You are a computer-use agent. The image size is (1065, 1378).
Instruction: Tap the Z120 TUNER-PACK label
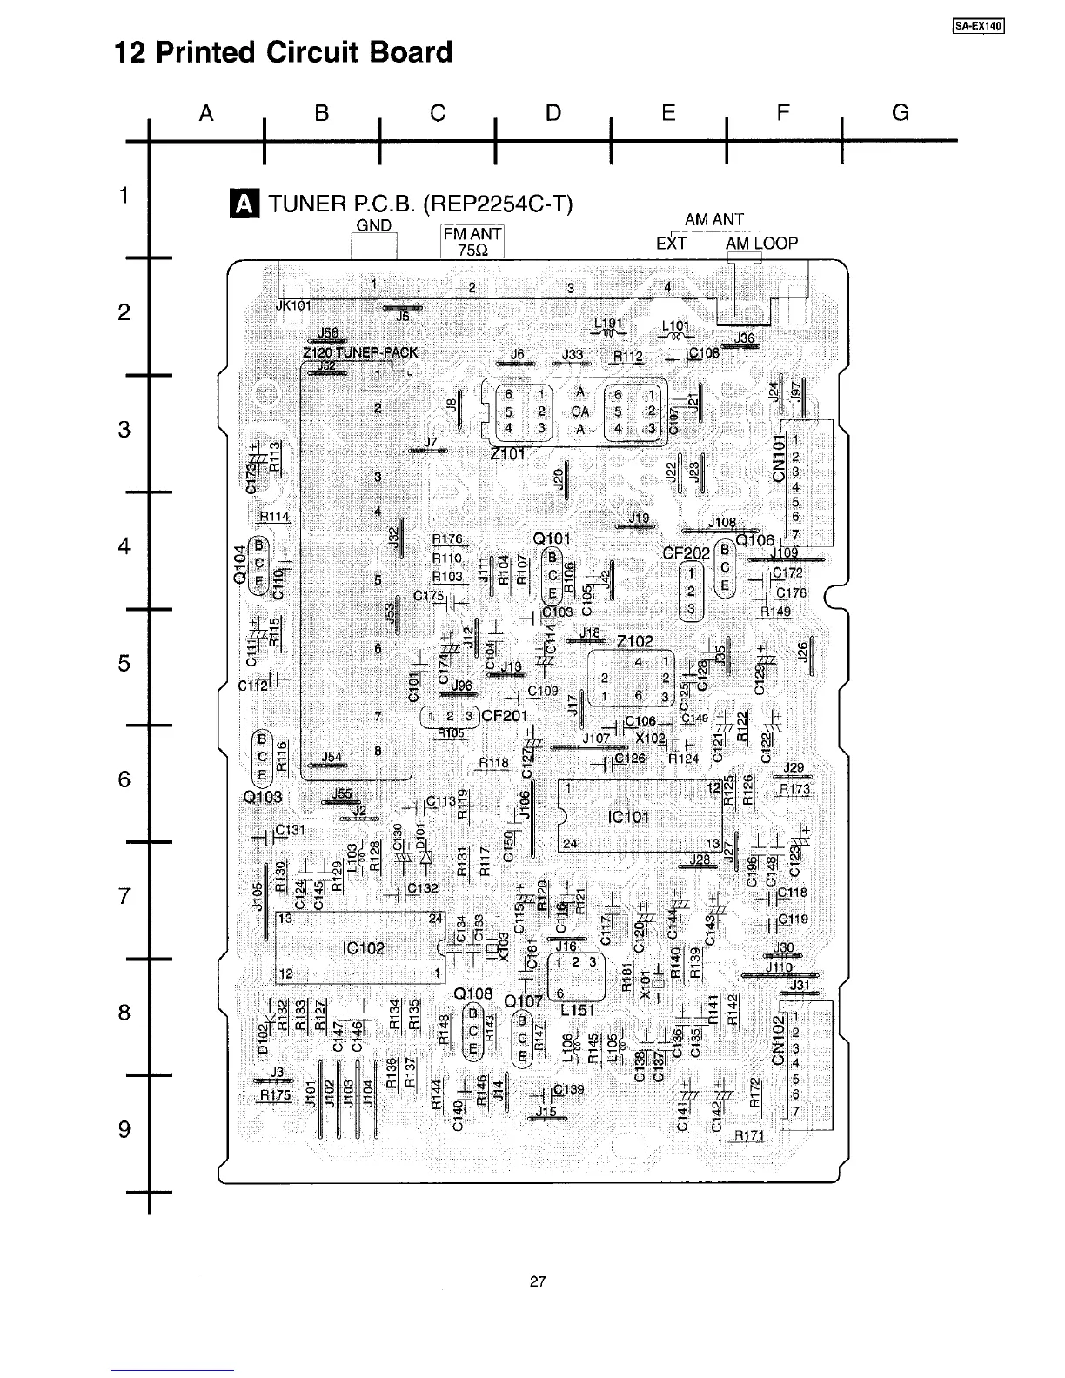click(x=360, y=352)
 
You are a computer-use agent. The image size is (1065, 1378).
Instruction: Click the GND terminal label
click(x=374, y=226)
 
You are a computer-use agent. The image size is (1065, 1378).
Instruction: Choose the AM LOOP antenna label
click(x=761, y=244)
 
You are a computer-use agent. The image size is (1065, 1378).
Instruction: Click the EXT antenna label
click(x=671, y=244)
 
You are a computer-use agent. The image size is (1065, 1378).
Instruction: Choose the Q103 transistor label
click(x=261, y=798)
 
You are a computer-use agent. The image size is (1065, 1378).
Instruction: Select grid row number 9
click(x=124, y=1129)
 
